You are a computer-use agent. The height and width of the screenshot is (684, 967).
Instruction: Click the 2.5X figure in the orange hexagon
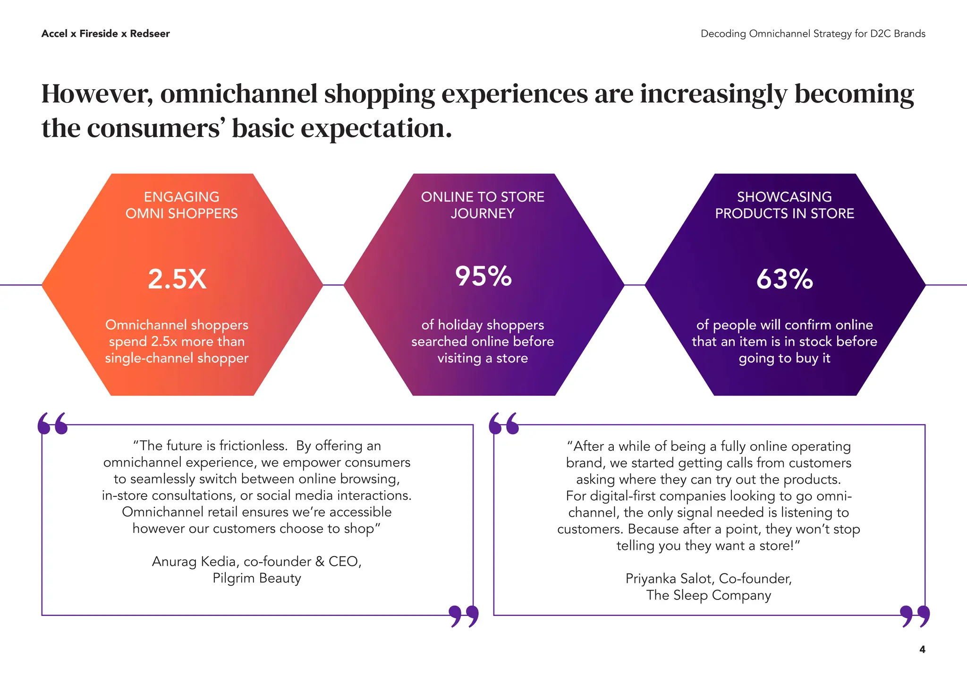(177, 279)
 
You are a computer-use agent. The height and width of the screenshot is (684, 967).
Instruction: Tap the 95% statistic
(483, 276)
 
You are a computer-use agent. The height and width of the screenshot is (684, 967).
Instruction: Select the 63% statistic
(784, 279)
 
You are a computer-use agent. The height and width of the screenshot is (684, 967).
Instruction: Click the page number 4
(922, 650)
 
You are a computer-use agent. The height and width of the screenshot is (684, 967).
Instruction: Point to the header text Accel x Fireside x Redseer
(105, 34)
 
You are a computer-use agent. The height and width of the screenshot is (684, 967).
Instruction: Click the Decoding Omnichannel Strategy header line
(813, 34)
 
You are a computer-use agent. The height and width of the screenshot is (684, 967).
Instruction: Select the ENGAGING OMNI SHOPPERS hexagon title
(181, 205)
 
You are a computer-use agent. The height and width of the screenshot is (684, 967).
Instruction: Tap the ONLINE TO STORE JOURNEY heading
(483, 205)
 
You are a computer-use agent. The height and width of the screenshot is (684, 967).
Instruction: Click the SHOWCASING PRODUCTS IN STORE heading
(784, 205)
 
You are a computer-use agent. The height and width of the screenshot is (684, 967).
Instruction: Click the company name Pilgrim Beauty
(256, 578)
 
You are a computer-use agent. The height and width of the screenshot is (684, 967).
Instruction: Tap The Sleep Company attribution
(708, 595)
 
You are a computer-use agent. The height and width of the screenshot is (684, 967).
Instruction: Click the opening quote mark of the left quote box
(52, 423)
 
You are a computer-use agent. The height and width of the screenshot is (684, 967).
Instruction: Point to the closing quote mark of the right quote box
(915, 616)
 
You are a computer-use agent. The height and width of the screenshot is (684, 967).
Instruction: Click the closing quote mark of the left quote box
(463, 616)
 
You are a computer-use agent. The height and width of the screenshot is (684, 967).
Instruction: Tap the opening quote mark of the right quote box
(504, 423)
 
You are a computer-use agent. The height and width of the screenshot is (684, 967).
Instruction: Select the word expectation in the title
(375, 128)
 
